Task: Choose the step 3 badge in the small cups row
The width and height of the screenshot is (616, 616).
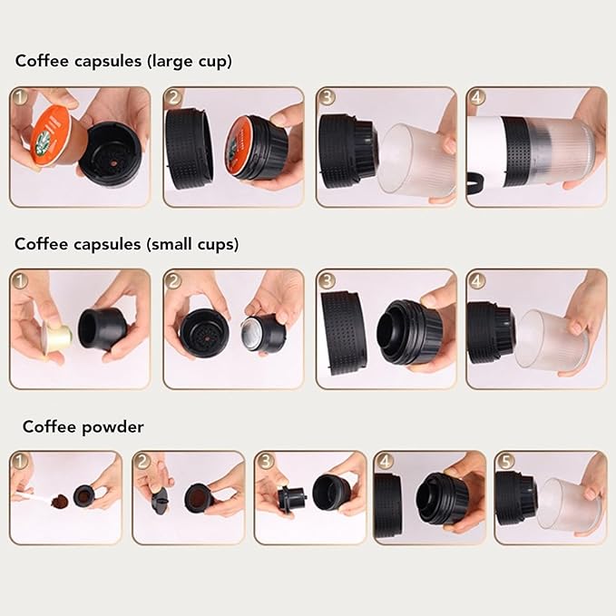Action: (x=327, y=279)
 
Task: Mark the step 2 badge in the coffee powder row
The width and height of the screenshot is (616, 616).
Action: (x=143, y=462)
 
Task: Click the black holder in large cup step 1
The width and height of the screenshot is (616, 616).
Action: (x=111, y=155)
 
